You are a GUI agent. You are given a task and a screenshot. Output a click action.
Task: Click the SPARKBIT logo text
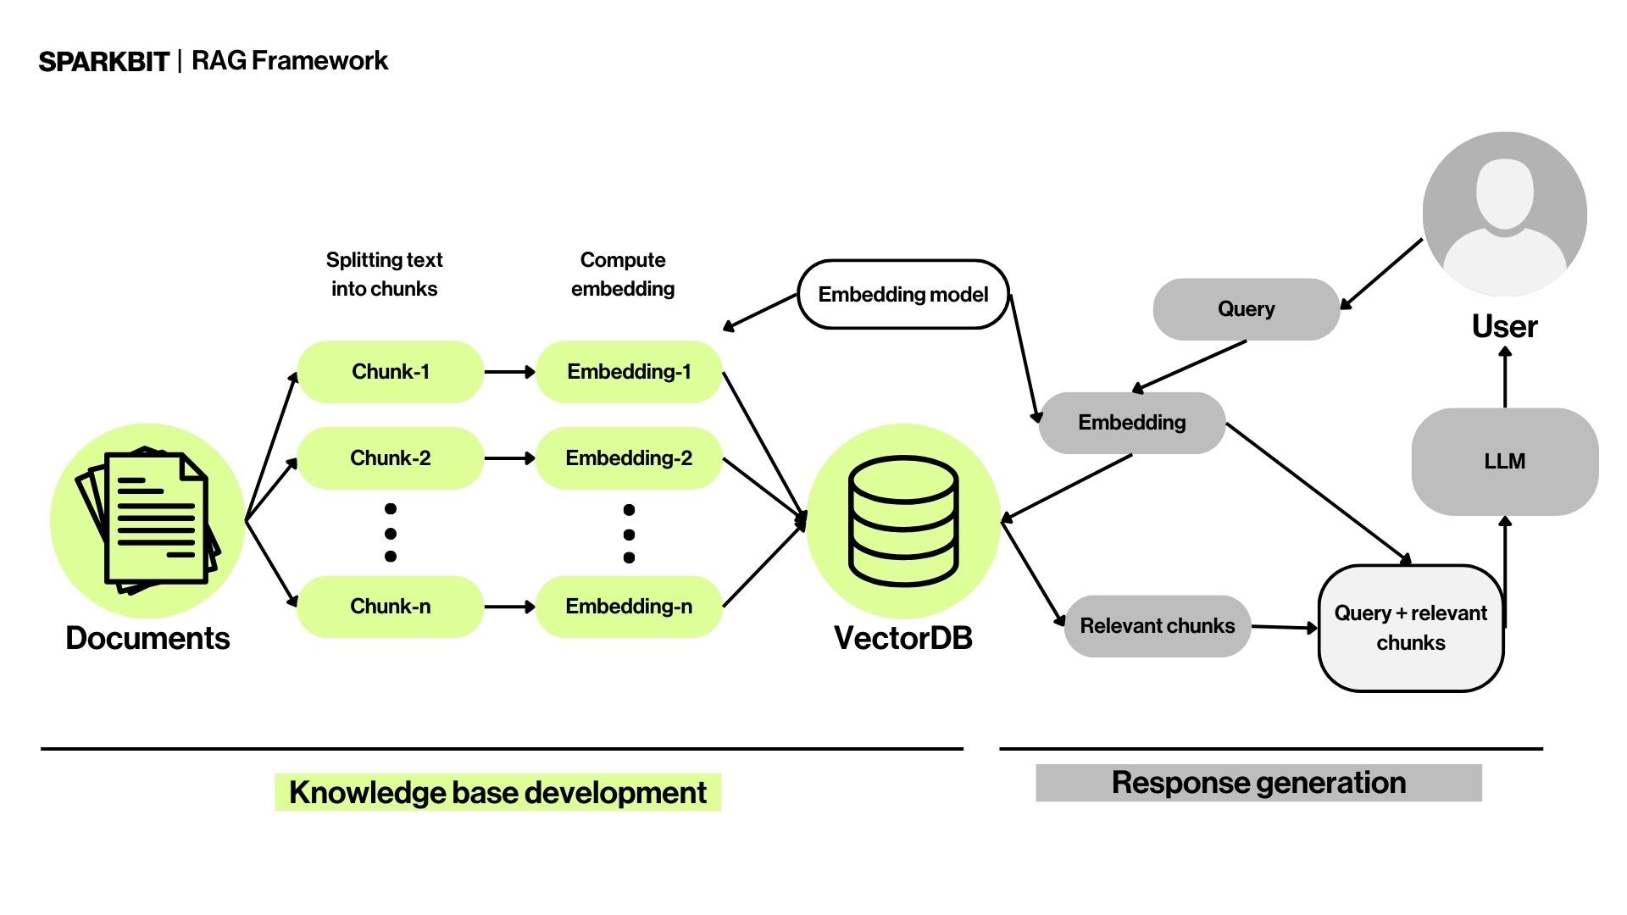point(104,62)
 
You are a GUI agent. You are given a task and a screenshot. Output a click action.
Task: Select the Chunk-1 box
point(391,372)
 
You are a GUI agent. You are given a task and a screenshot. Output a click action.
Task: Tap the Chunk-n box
point(391,607)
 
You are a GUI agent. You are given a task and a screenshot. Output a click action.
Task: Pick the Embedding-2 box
point(629,458)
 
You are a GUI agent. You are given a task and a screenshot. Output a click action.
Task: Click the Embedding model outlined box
point(903,294)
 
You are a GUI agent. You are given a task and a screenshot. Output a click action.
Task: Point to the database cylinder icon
point(903,521)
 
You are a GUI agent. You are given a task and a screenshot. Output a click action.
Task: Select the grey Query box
point(1246,309)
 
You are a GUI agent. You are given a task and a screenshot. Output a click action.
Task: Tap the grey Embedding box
point(1131,423)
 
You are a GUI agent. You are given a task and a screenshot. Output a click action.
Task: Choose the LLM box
point(1504,462)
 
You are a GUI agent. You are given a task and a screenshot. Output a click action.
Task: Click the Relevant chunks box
point(1158,626)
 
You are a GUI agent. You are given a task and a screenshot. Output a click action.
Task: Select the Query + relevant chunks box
point(1411,628)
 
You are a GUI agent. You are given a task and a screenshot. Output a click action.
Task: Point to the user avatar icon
point(1505,213)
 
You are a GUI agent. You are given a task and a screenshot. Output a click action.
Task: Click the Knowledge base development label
point(497,792)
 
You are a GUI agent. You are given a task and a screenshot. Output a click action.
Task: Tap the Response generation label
point(1258,783)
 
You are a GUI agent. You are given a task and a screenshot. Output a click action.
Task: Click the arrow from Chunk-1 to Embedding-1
point(509,372)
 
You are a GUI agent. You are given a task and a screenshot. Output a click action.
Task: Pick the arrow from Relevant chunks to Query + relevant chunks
point(1285,628)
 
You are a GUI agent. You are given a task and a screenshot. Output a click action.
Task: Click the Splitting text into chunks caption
point(385,274)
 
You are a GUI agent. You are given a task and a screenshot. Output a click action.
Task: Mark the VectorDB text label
point(903,638)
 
